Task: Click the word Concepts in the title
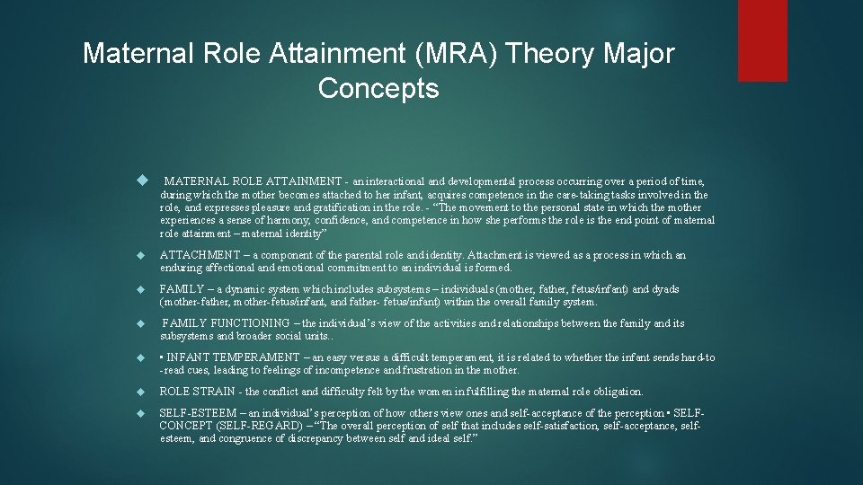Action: (x=378, y=88)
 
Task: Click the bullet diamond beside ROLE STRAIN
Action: (x=140, y=392)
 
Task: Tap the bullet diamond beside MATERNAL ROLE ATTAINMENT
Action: (x=140, y=181)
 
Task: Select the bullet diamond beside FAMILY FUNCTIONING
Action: (x=140, y=323)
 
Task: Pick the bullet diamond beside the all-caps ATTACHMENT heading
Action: (x=140, y=256)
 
